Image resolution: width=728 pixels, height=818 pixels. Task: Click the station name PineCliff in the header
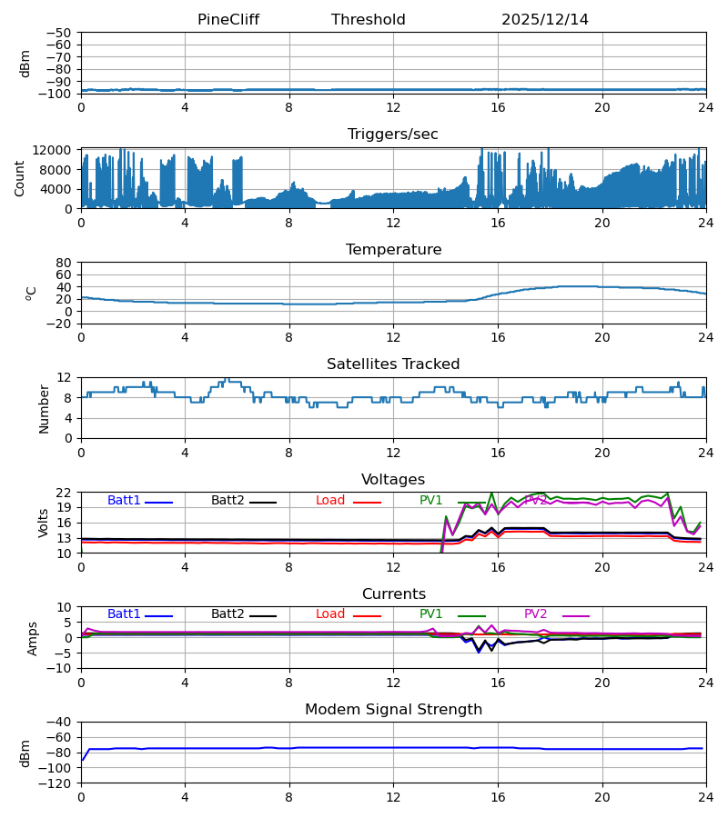pyautogui.click(x=229, y=20)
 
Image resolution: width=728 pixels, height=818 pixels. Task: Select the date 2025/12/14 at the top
pyautogui.click(x=545, y=20)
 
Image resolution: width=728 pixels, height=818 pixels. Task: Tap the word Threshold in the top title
pyautogui.click(x=369, y=20)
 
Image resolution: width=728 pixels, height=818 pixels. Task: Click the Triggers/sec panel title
pyautogui.click(x=393, y=135)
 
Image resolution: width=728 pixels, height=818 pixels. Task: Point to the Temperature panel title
pyautogui.click(x=393, y=250)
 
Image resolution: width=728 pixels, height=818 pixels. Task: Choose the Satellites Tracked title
pyautogui.click(x=393, y=364)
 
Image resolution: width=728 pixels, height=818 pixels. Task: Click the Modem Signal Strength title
pyautogui.click(x=393, y=710)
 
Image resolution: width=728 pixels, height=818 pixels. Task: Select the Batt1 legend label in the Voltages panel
pyautogui.click(x=124, y=501)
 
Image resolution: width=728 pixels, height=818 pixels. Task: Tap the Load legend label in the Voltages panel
pyautogui.click(x=330, y=501)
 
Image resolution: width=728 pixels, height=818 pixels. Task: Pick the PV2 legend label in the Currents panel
pyautogui.click(x=536, y=614)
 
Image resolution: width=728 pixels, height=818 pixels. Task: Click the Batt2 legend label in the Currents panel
pyautogui.click(x=227, y=614)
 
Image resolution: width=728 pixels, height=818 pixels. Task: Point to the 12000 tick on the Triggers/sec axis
pyautogui.click(x=56, y=150)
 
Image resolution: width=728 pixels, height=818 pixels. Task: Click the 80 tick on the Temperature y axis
pyautogui.click(x=64, y=263)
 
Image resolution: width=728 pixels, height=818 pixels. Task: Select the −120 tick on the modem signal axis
pyautogui.click(x=56, y=783)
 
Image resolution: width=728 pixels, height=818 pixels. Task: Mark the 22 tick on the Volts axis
pyautogui.click(x=64, y=493)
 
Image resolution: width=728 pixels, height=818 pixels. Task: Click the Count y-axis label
pyautogui.click(x=20, y=178)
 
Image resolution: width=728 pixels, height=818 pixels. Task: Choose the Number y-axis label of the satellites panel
pyautogui.click(x=44, y=408)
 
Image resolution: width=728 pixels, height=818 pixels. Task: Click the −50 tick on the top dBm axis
pyautogui.click(x=60, y=33)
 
